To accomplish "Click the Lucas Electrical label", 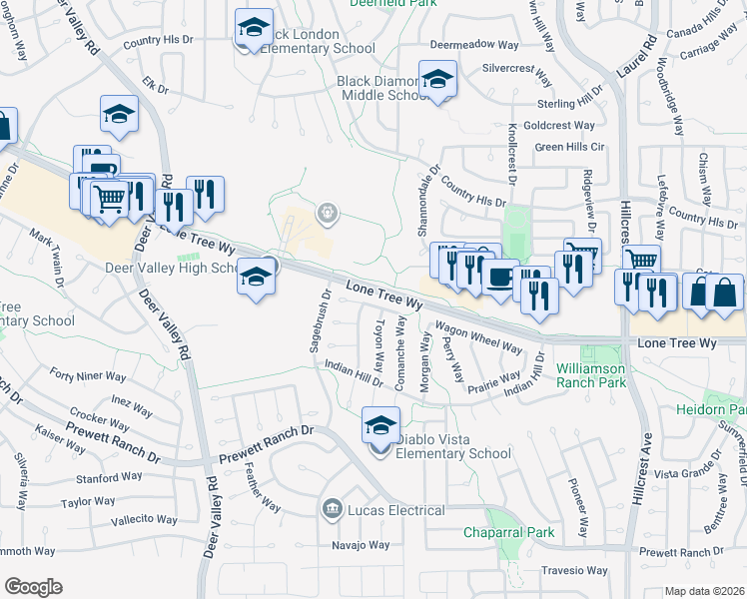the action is [394, 511].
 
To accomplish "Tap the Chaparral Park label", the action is [508, 532].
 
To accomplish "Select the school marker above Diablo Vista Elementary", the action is [380, 425].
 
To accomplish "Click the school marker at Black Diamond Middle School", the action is [437, 79].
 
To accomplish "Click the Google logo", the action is [32, 586].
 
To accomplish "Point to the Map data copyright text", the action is [704, 591].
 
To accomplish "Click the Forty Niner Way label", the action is [89, 376].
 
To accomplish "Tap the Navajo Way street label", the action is [361, 545].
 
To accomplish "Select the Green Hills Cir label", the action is [570, 146].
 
